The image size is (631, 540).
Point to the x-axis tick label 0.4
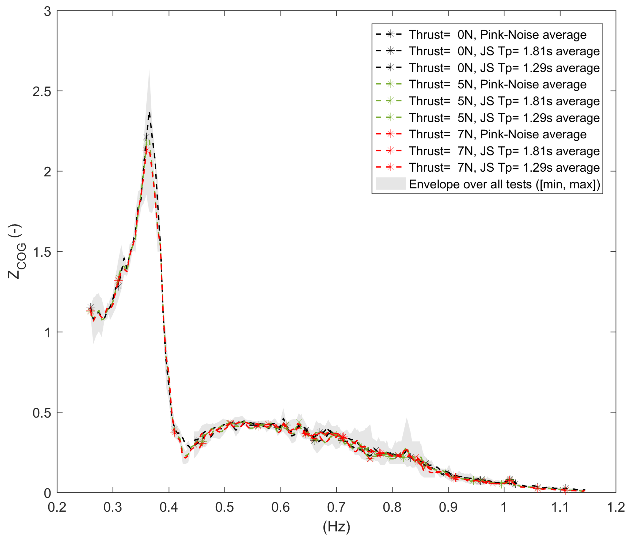(169, 507)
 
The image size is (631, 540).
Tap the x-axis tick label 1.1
(560, 507)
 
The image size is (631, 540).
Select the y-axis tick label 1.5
(42, 252)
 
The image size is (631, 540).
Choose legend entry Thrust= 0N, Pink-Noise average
(497, 35)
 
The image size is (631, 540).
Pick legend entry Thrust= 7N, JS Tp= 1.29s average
(504, 167)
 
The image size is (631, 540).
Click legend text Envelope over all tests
(504, 184)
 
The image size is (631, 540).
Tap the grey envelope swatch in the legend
(391, 184)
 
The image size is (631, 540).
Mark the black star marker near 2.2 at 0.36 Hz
(146, 137)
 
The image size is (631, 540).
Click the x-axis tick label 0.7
(336, 507)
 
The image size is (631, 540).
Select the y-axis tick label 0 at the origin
(47, 493)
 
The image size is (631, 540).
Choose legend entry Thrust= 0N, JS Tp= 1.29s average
(504, 68)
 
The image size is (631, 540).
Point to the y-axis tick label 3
(47, 12)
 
